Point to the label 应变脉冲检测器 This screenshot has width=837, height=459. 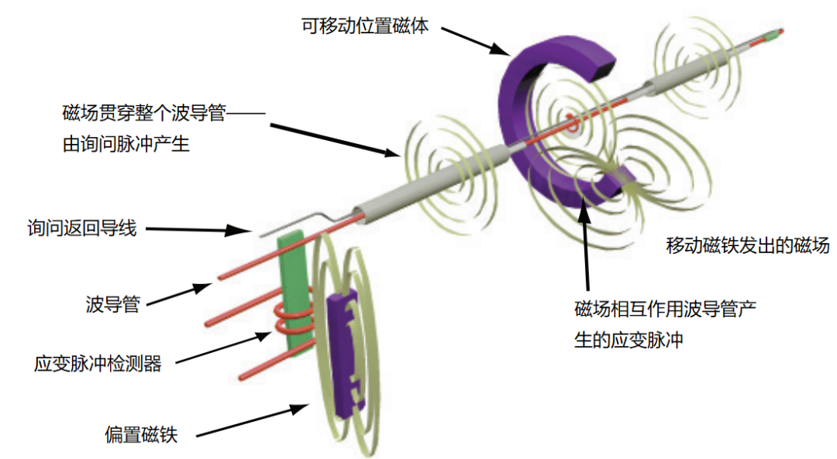click(x=98, y=363)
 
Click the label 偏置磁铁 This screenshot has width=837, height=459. click(x=141, y=434)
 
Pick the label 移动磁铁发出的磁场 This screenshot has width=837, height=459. click(x=748, y=246)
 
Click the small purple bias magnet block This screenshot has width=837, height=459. click(x=346, y=348)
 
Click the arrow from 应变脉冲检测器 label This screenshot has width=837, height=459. click(x=225, y=346)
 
